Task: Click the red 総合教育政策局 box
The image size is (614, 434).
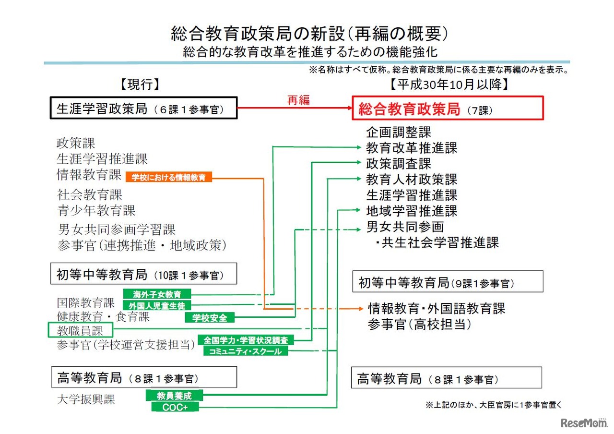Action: (x=448, y=108)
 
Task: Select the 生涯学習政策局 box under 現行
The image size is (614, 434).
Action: (x=144, y=108)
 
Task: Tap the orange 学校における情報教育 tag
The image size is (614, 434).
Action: (x=168, y=177)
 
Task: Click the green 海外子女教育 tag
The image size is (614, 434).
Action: (x=157, y=294)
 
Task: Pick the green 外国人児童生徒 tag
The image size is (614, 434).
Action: (x=157, y=305)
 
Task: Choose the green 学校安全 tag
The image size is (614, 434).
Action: (x=210, y=317)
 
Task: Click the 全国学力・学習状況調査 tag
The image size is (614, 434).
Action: (x=246, y=340)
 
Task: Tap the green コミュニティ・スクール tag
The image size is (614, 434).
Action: (x=246, y=351)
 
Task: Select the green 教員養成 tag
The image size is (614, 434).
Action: (x=174, y=396)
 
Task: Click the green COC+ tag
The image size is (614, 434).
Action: (x=175, y=407)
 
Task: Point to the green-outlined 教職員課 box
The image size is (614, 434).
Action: (x=81, y=330)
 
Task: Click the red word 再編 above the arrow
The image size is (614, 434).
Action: (x=298, y=100)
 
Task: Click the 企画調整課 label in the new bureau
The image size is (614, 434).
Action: (x=399, y=132)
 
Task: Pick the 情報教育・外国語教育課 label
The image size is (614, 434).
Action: (x=437, y=308)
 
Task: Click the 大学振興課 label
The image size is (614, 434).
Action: (x=86, y=399)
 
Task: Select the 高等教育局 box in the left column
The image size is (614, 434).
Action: (x=144, y=377)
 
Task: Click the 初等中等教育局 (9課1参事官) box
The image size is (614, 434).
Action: (x=448, y=282)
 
